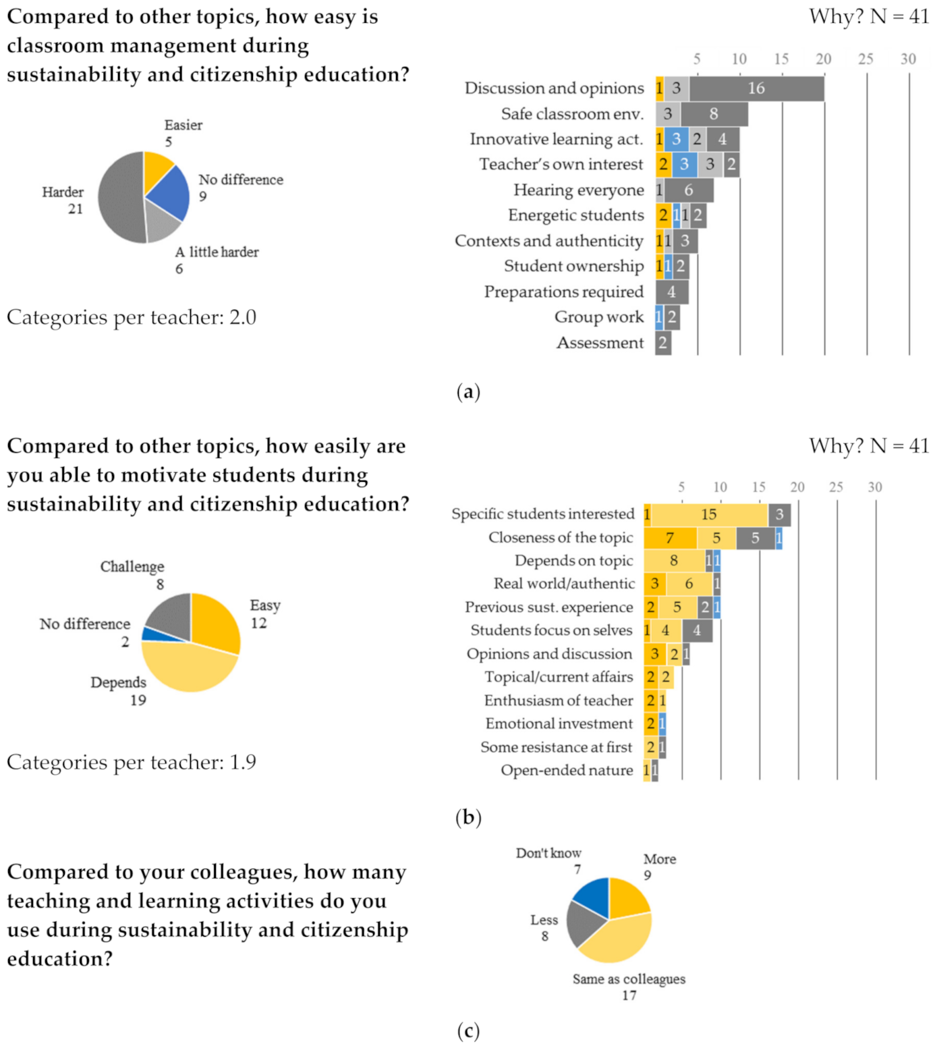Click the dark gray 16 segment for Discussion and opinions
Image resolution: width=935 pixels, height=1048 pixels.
[x=756, y=88]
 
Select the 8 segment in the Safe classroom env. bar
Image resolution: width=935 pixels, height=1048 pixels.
[x=714, y=114]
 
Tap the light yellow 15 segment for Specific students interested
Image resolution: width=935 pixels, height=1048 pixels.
[x=708, y=514]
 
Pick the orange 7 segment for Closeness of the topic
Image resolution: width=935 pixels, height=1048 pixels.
[x=670, y=538]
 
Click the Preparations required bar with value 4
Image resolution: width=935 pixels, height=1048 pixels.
[x=671, y=292]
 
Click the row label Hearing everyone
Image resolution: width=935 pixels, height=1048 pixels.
[x=578, y=190]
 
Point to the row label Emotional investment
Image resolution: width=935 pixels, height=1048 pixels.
[x=559, y=724]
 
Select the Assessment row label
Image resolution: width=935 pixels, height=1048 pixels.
[x=600, y=343]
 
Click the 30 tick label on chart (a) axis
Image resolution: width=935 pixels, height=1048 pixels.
[x=908, y=59]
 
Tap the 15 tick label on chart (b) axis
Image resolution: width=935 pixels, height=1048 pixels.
[x=759, y=487]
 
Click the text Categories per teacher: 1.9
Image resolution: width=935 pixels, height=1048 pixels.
[x=132, y=762]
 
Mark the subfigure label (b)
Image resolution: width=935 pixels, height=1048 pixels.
[x=468, y=817]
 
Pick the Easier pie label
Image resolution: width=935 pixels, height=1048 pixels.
[x=183, y=126]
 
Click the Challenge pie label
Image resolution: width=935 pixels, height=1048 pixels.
[x=132, y=567]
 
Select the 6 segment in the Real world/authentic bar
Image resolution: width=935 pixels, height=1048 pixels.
[x=689, y=584]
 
